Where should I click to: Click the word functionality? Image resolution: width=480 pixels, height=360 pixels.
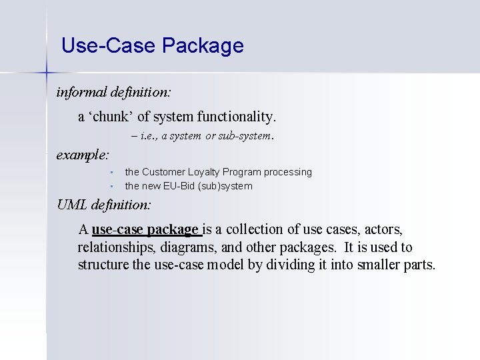[236, 117]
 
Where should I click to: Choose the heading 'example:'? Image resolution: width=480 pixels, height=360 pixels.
[83, 155]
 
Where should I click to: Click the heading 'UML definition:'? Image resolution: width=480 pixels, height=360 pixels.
[104, 205]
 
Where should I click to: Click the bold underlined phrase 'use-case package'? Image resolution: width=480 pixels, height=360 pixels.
[145, 229]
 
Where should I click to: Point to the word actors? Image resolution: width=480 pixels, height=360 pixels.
[383, 229]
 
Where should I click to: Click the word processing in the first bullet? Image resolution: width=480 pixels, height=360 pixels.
[287, 172]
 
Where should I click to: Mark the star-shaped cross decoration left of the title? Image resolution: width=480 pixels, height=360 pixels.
[46, 70]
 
